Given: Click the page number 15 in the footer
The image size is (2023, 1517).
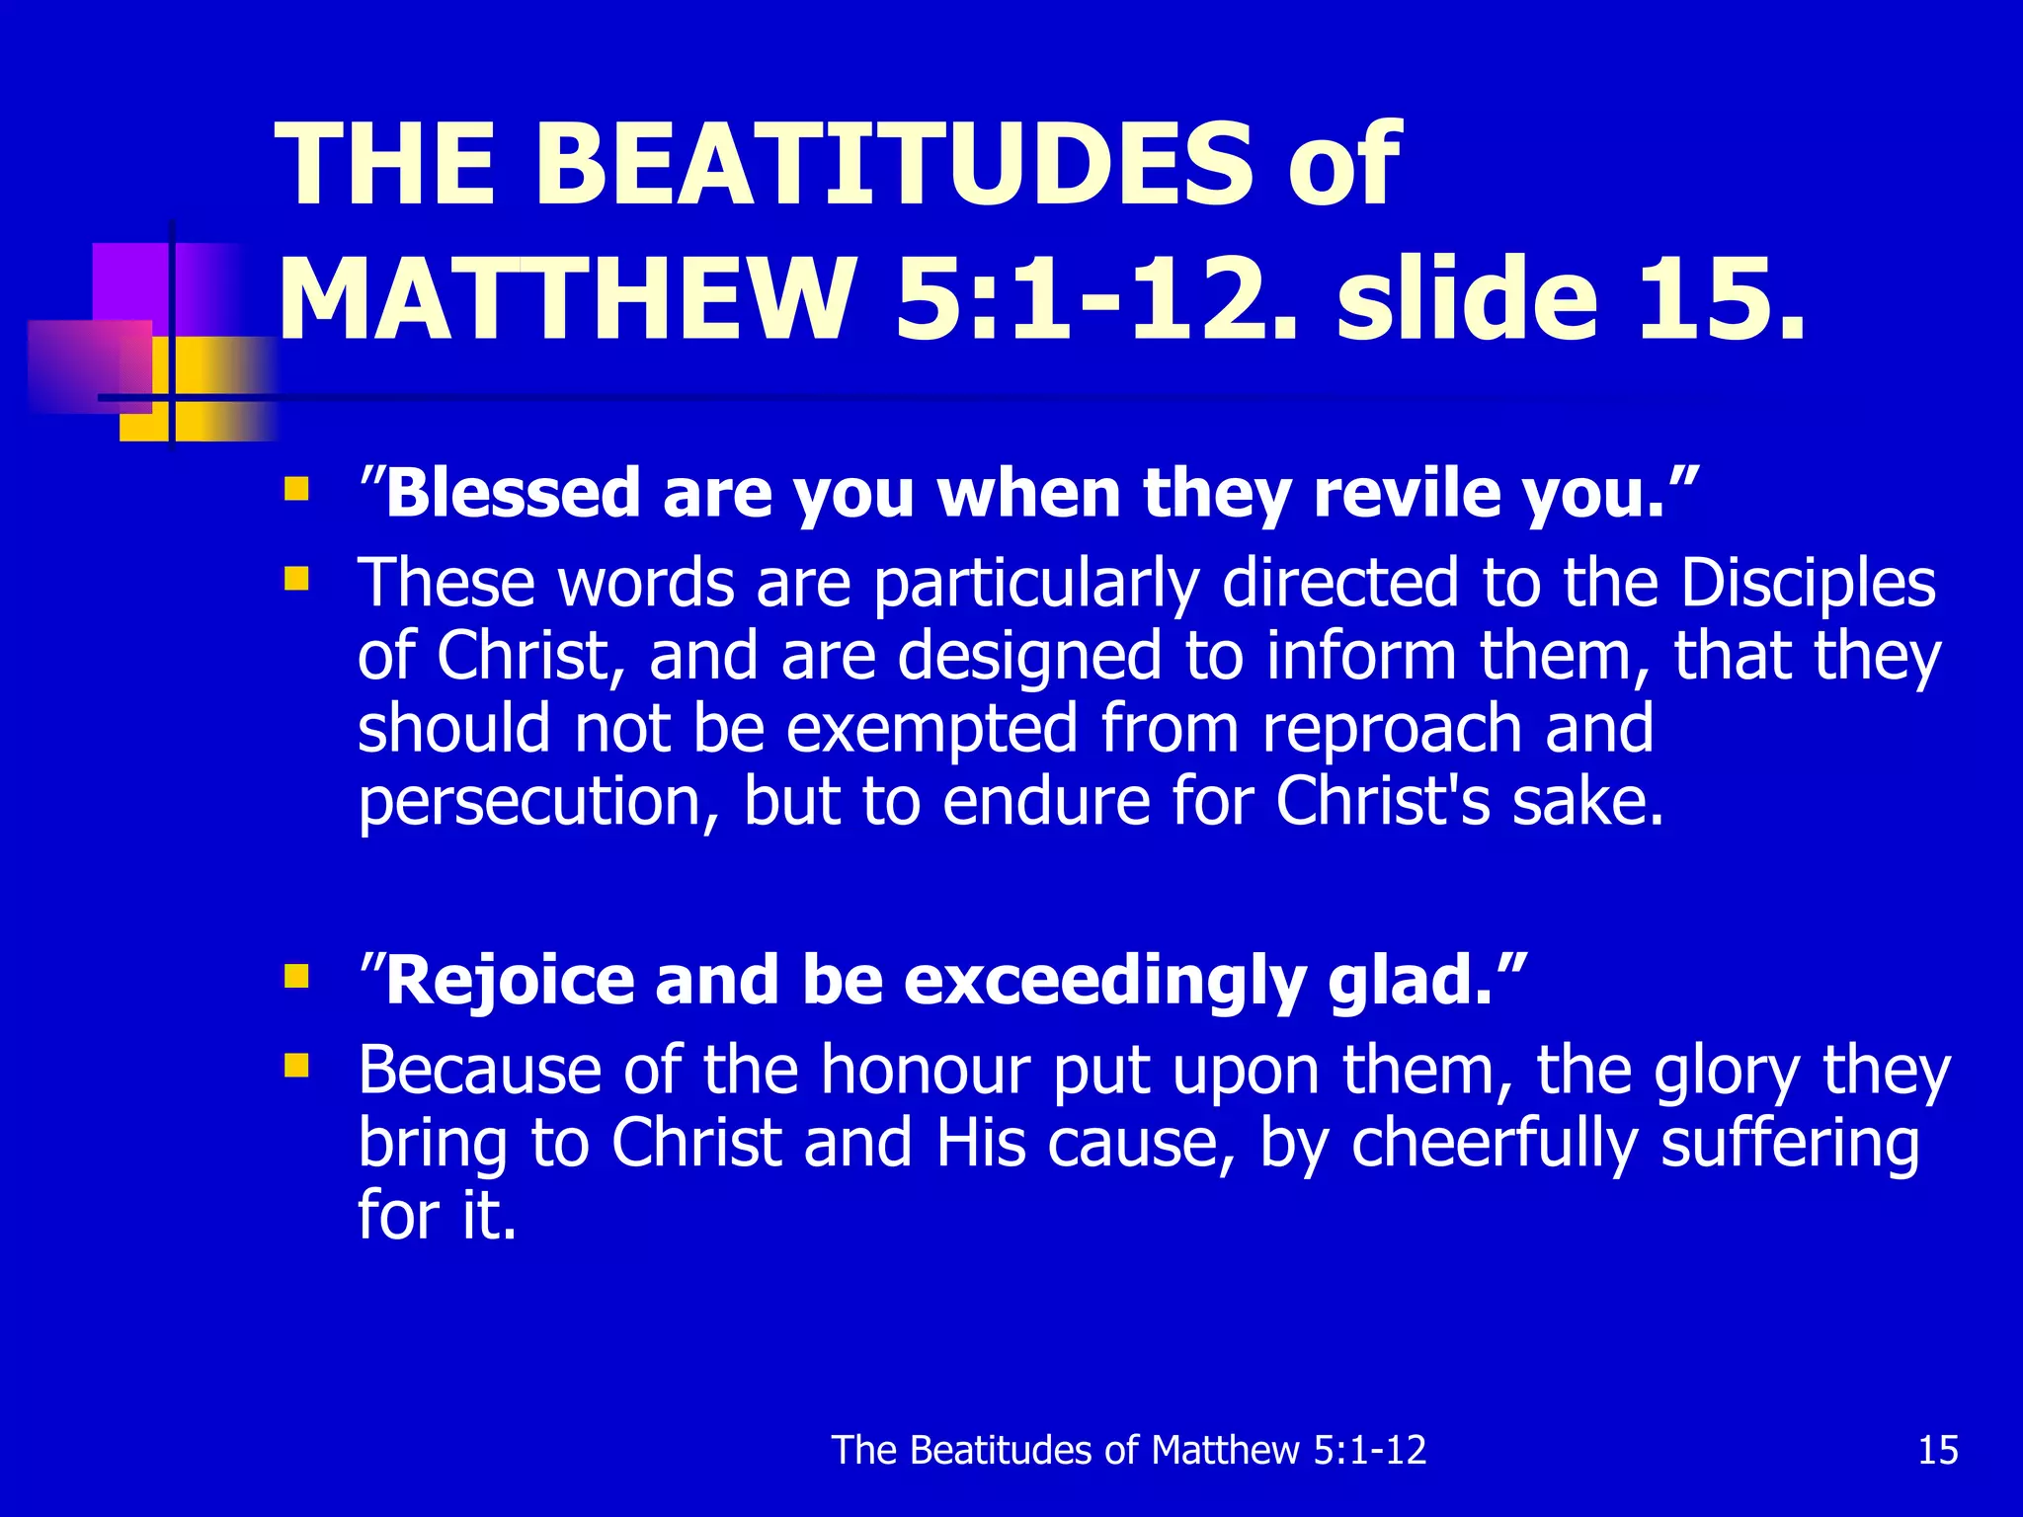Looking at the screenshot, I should [1937, 1450].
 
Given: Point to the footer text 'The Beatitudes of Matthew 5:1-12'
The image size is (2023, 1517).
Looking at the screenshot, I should [1129, 1450].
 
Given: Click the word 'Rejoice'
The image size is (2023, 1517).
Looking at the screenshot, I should [510, 980].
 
